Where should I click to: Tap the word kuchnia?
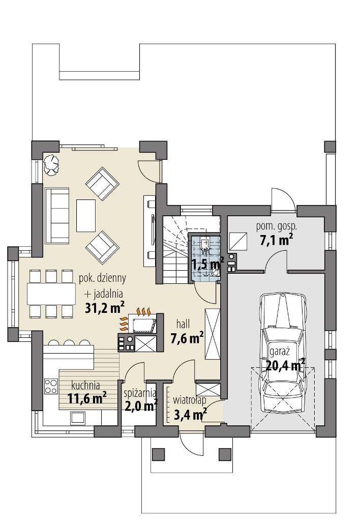pos(86,386)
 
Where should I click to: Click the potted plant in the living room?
pos(51,165)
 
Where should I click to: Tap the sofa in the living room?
pos(57,215)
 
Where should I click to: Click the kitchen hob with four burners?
pos(51,386)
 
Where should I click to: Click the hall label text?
pos(183,325)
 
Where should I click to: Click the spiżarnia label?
pos(140,393)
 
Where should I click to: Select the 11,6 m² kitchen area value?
pos(87,398)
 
